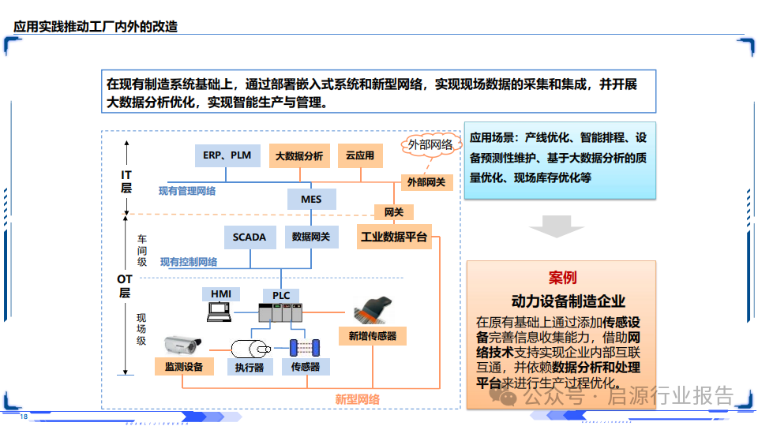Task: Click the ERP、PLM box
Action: click(227, 155)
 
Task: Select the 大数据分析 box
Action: click(299, 156)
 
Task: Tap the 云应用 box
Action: click(360, 156)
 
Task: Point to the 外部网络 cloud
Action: click(430, 144)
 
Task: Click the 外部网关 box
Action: click(426, 182)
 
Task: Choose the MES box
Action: click(311, 199)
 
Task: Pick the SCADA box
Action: click(250, 237)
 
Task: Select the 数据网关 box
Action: click(311, 237)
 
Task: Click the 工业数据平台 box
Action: click(394, 237)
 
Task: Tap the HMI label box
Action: click(221, 294)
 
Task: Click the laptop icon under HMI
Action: click(220, 312)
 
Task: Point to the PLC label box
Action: click(281, 296)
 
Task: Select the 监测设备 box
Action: click(184, 367)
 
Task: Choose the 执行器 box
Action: click(250, 367)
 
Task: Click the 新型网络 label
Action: click(357, 400)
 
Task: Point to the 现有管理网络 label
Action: click(187, 191)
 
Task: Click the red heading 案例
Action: click(562, 278)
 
